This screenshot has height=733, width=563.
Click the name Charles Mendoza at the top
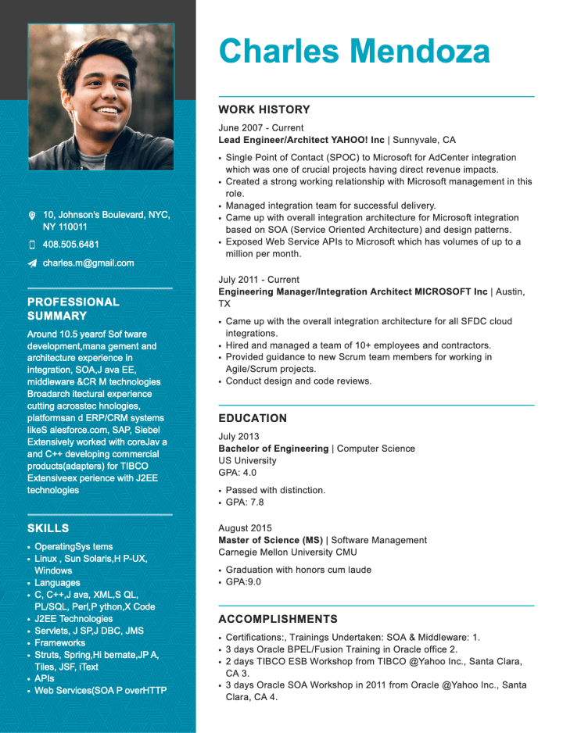coord(354,52)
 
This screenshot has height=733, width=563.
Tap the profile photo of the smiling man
coord(101,96)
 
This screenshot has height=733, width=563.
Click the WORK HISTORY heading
coord(264,110)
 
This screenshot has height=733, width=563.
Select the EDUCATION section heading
coord(253,418)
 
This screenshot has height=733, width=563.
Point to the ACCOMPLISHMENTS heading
coord(278,619)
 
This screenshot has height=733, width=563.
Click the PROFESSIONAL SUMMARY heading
coord(74,309)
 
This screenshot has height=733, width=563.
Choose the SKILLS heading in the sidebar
coord(48,528)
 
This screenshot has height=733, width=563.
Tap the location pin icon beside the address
coord(32,215)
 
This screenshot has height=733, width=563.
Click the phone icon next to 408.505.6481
coord(32,245)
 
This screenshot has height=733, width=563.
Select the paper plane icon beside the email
coord(32,263)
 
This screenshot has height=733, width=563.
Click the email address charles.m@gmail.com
coord(88,263)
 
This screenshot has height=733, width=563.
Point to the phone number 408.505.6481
coord(71,245)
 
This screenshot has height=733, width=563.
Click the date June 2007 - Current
coord(261,128)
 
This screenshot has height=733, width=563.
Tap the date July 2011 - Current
coord(259,280)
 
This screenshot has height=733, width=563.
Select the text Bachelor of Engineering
coord(274,449)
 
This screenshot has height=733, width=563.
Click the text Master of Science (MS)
coord(271,540)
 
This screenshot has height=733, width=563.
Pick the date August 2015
coord(246,528)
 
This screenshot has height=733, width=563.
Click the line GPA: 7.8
coord(245,502)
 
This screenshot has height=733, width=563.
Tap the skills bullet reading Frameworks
coord(60,643)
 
